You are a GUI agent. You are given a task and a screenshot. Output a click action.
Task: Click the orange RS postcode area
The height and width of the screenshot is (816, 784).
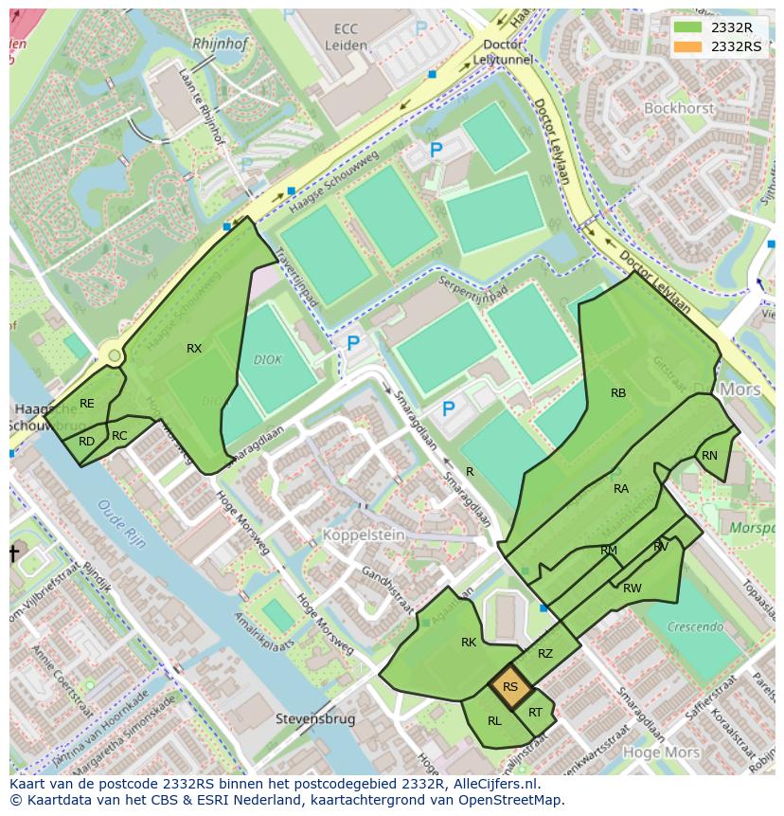pyautogui.click(x=509, y=687)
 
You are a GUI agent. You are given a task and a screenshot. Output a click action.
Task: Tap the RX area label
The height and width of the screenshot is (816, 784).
pyautogui.click(x=194, y=349)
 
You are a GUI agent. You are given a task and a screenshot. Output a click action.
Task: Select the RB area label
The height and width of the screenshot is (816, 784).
pyautogui.click(x=618, y=393)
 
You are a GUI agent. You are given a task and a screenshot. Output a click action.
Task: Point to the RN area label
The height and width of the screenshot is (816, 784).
pyautogui.click(x=709, y=456)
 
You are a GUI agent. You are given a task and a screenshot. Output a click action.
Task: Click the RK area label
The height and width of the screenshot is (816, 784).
pyautogui.click(x=469, y=643)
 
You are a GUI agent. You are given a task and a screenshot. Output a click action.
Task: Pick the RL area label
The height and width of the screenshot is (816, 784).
pyautogui.click(x=494, y=721)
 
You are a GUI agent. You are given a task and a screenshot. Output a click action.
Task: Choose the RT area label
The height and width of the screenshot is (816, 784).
pyautogui.click(x=536, y=713)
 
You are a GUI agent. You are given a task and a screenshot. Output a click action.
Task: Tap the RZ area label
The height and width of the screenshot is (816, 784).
pyautogui.click(x=545, y=654)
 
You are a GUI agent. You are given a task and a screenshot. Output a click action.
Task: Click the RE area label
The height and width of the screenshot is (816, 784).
pyautogui.click(x=87, y=404)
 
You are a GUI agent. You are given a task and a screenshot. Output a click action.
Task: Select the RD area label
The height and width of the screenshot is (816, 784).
pyautogui.click(x=87, y=442)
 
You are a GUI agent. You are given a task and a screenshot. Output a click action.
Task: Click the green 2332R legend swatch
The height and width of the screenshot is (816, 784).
pyautogui.click(x=689, y=27)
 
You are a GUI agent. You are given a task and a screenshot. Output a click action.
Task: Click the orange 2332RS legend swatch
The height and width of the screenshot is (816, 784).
pyautogui.click(x=689, y=46)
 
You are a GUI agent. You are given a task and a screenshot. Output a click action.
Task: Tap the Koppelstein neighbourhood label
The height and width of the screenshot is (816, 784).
pyautogui.click(x=364, y=535)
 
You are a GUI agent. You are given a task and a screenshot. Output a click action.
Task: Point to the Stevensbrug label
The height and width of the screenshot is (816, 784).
pyautogui.click(x=315, y=719)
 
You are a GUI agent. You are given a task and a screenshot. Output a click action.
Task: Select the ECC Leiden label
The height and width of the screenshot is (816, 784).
pyautogui.click(x=345, y=37)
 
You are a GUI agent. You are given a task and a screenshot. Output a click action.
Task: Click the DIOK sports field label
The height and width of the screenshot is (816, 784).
pyautogui.click(x=268, y=360)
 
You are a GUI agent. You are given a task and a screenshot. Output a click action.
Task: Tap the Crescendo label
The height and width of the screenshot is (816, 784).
pyautogui.click(x=696, y=626)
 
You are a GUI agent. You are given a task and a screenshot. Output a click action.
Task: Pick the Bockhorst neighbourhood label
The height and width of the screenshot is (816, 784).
pyautogui.click(x=678, y=108)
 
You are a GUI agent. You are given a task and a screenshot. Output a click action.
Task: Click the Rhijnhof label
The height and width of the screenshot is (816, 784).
pyautogui.click(x=220, y=44)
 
